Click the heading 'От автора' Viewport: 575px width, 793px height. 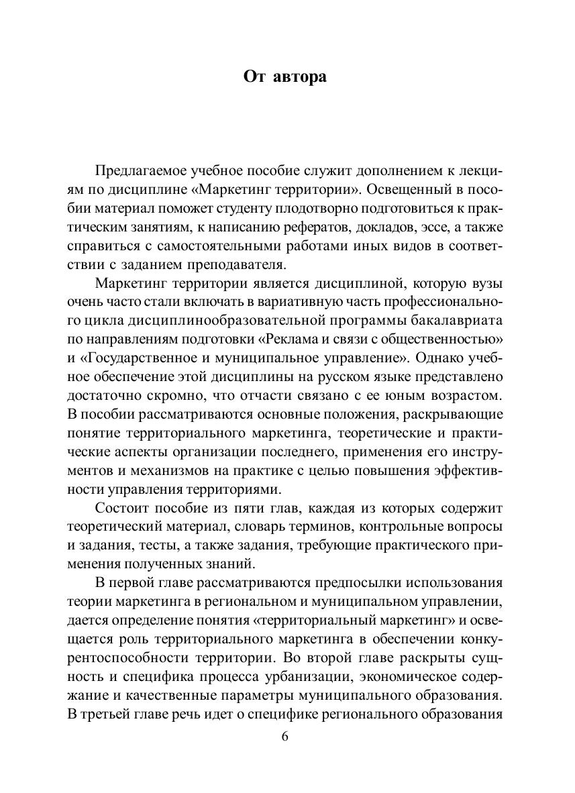[x=284, y=77]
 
